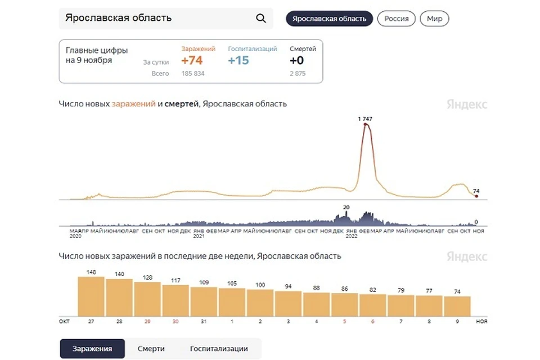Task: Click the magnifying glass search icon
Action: pos(260,18)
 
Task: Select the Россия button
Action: pos(396,19)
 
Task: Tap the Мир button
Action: pos(434,19)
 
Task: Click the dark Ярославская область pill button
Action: pos(329,19)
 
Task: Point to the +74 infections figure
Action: pos(192,61)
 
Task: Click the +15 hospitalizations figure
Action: pos(238,61)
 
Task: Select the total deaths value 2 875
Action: pos(298,74)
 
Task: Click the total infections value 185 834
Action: pos(193,74)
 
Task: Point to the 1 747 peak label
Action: pos(366,119)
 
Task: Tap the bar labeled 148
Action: pos(91,296)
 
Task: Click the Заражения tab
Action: pos(92,349)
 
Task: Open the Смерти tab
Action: pos(151,349)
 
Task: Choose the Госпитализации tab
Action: pos(219,349)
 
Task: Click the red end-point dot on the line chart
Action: pos(476,196)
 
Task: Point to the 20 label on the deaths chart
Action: pos(346,208)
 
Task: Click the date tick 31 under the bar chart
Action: pos(204,321)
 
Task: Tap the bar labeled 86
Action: pos(344,304)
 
